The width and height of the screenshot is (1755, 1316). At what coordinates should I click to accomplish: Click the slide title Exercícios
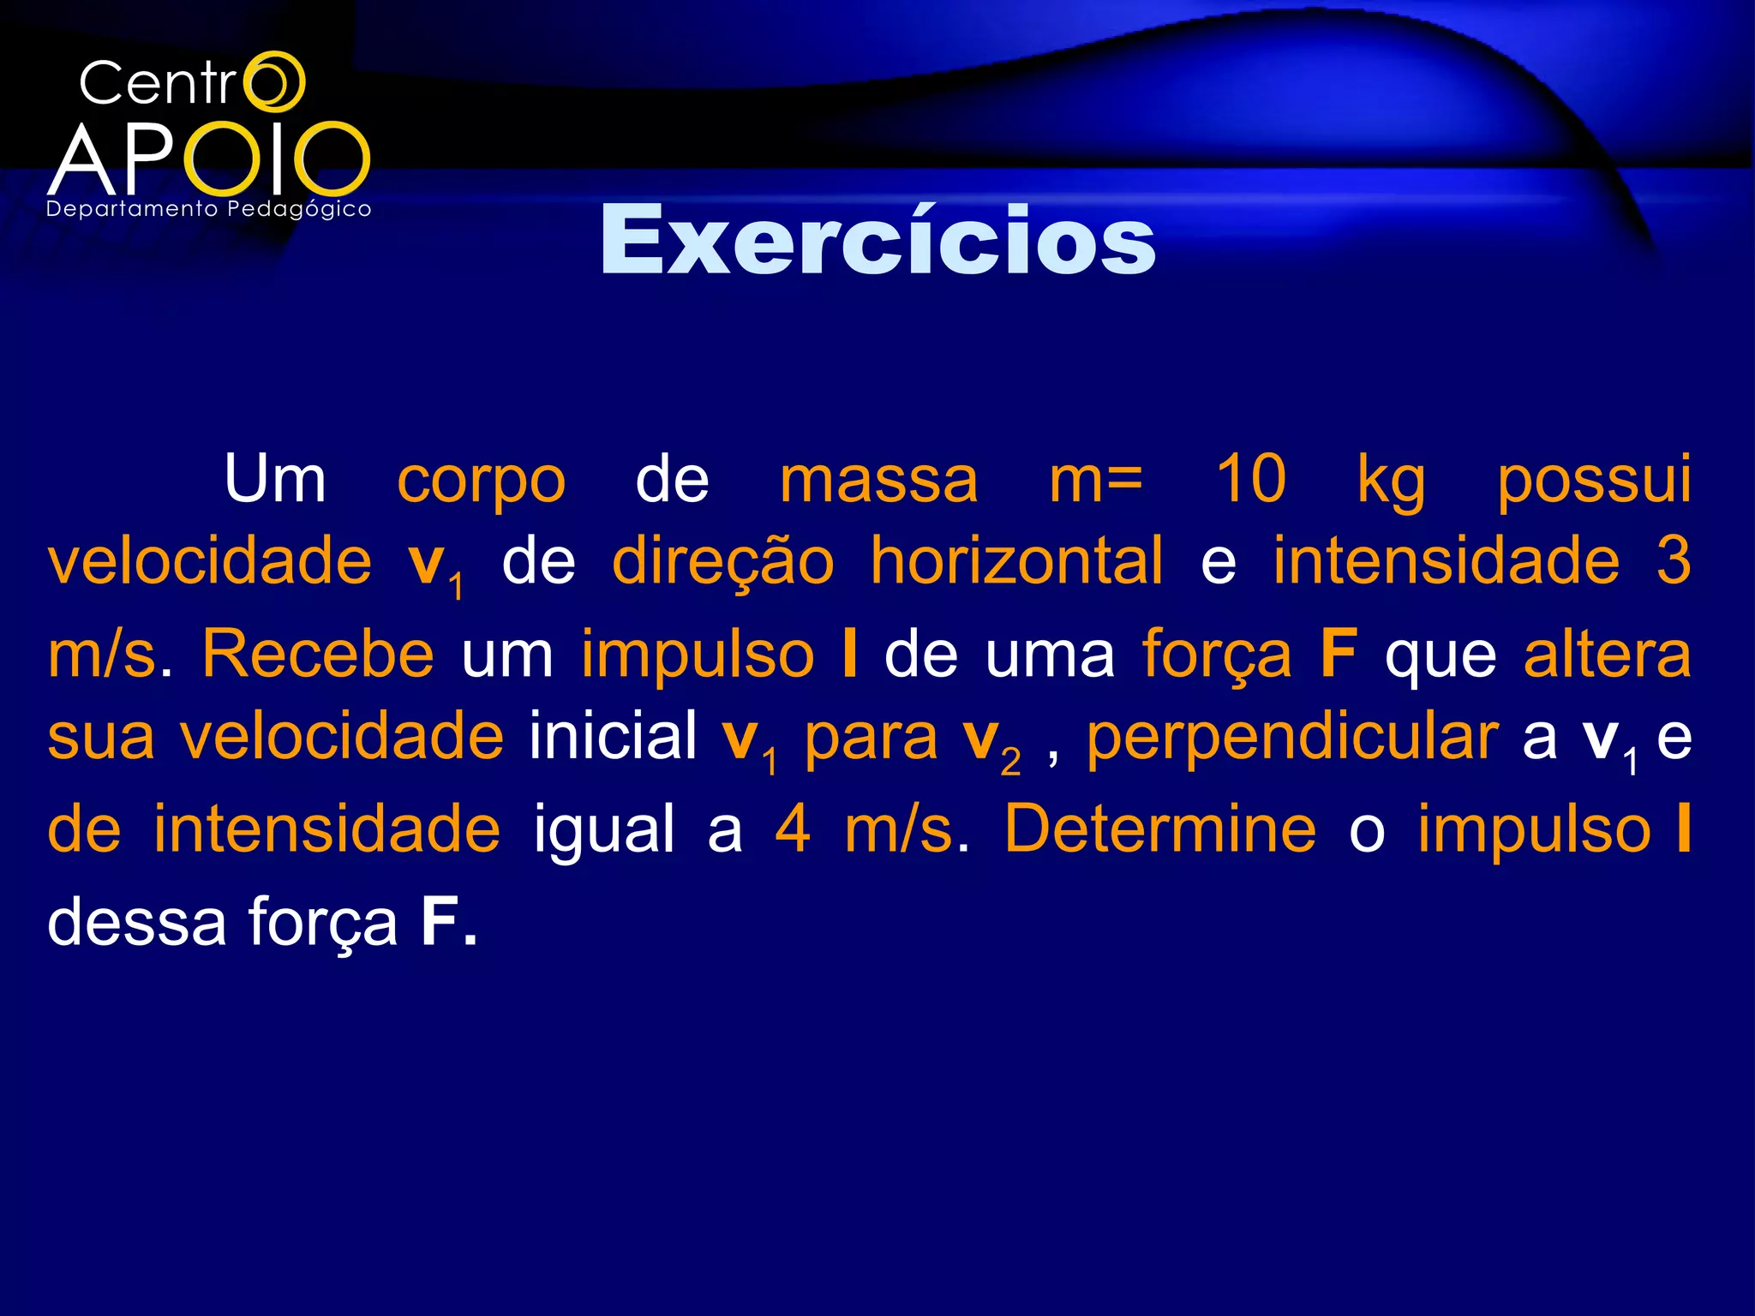tap(877, 242)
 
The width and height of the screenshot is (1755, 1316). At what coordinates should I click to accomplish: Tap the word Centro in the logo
tap(191, 84)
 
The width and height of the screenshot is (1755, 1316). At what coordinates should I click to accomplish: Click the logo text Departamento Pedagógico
tap(209, 209)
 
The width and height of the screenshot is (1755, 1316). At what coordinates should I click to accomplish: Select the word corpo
tap(481, 482)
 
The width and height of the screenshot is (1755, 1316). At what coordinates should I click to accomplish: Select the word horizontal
tap(1017, 561)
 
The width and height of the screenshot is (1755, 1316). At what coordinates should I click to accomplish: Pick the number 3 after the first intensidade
tap(1672, 561)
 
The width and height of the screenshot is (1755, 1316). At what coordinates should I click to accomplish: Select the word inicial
tap(613, 736)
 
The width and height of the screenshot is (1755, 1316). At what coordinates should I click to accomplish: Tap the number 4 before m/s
tap(792, 829)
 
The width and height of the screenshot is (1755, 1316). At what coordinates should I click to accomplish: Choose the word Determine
tap(1159, 829)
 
